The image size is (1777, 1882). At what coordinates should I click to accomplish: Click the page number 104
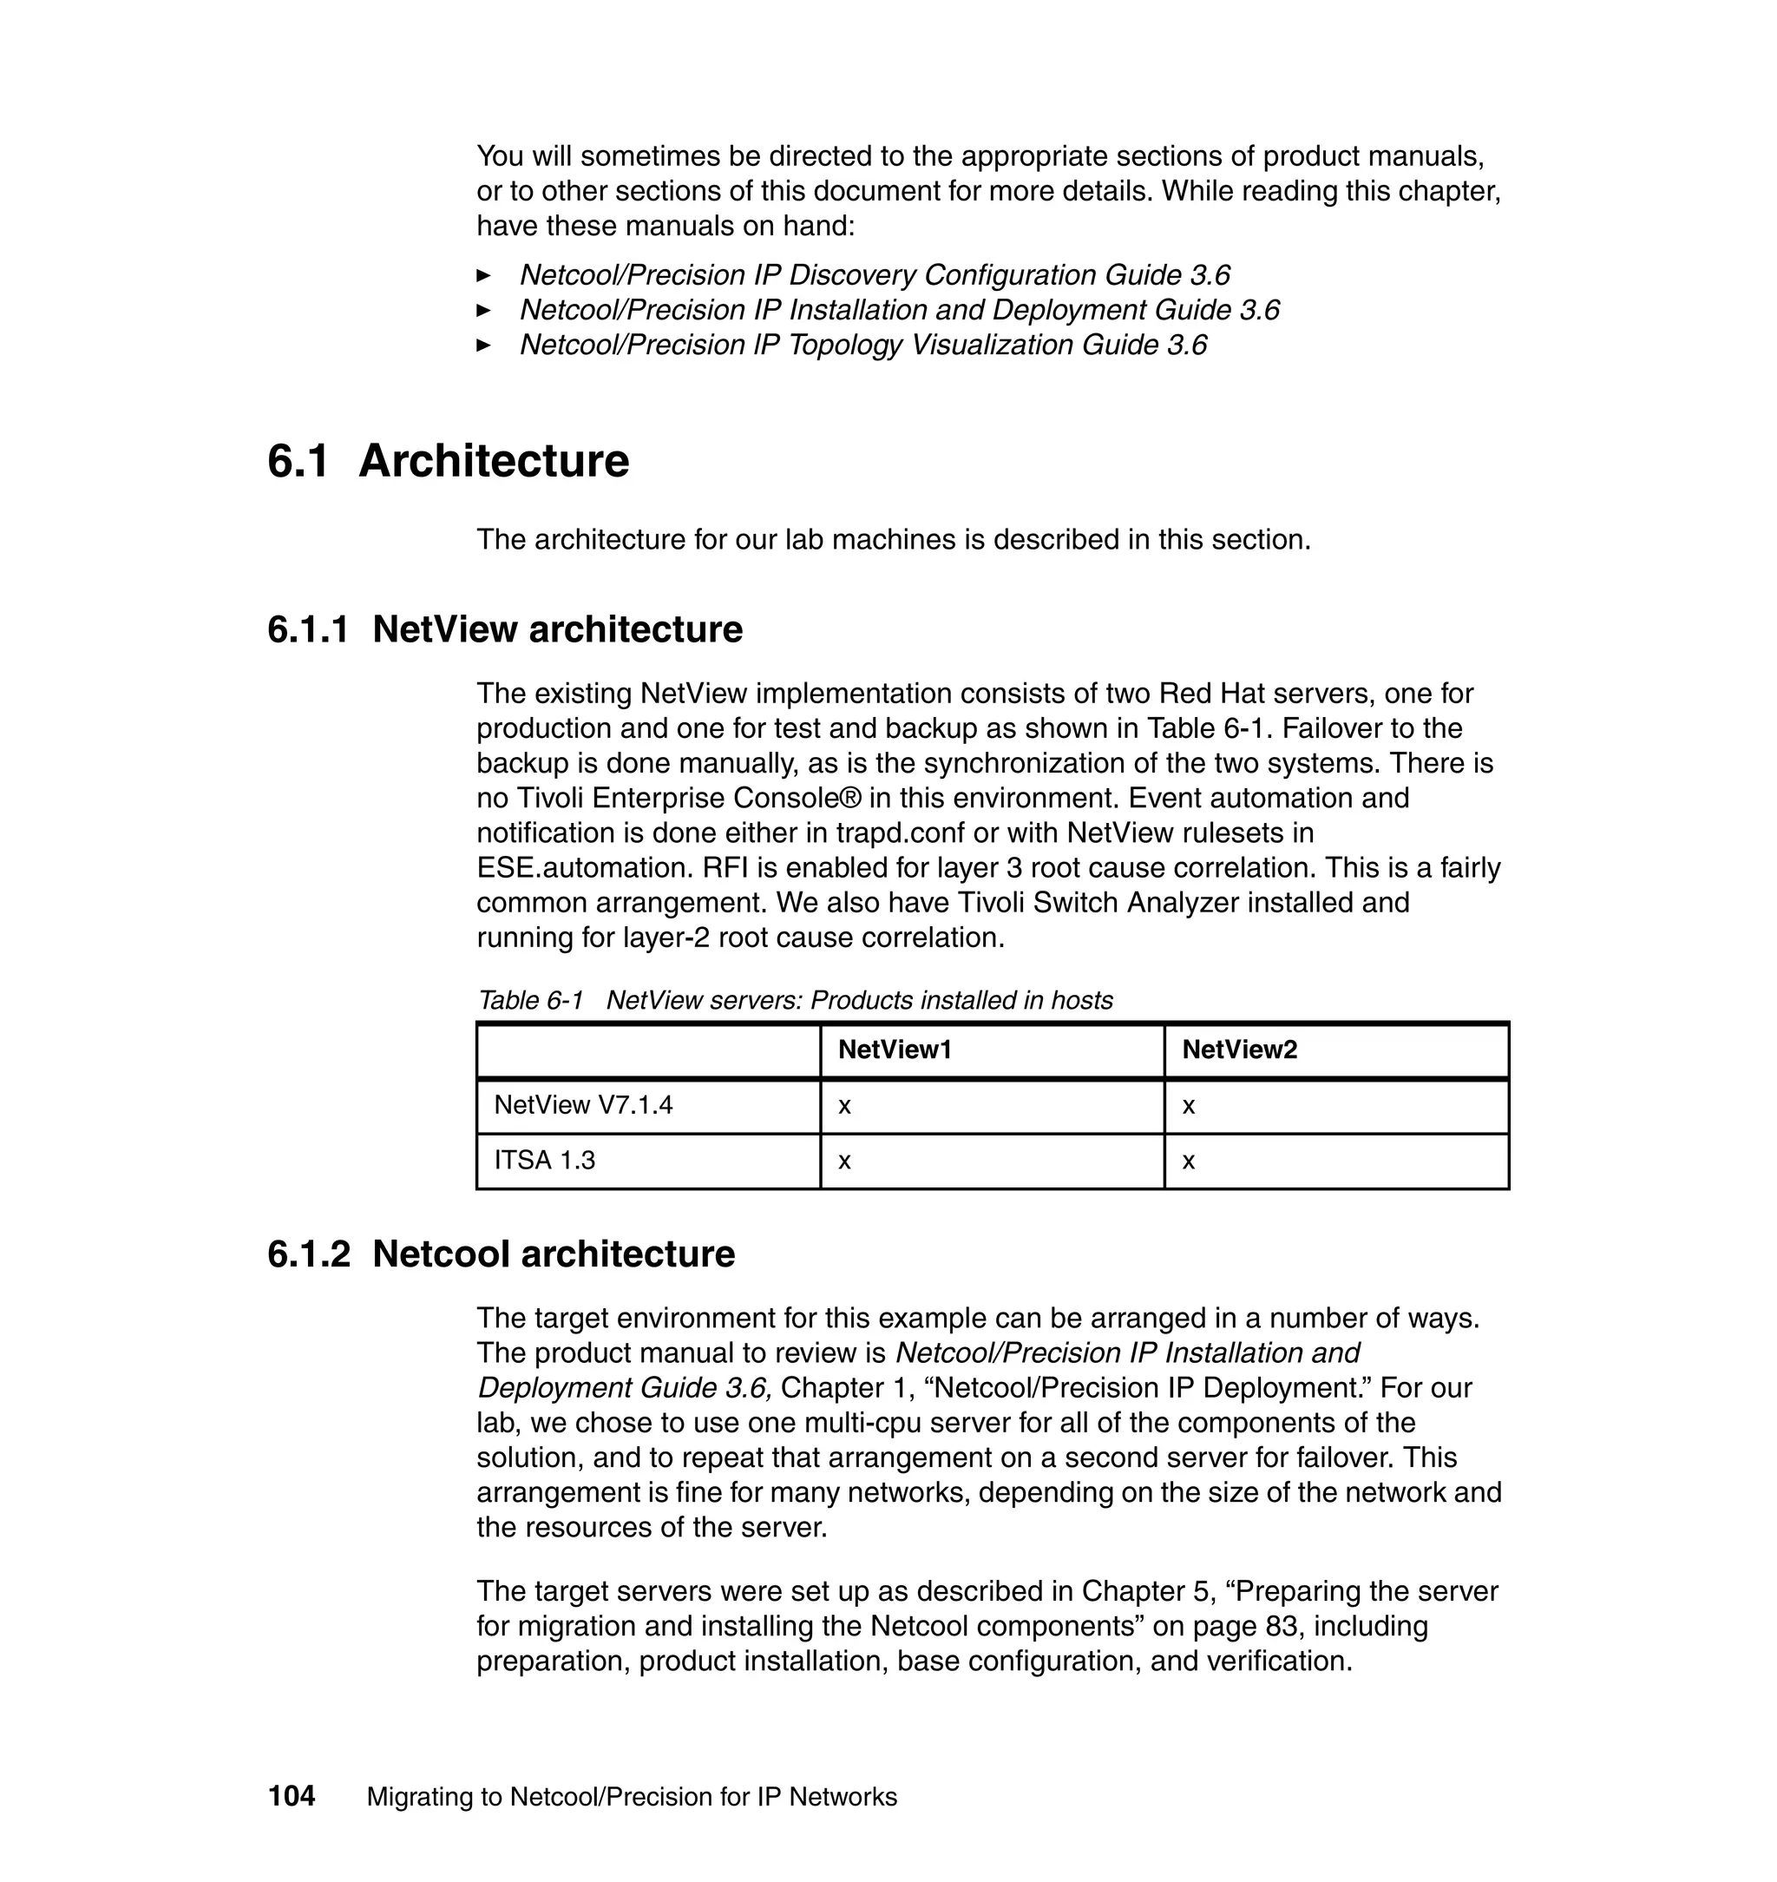(x=291, y=1796)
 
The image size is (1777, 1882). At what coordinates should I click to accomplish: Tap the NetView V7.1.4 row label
(x=583, y=1105)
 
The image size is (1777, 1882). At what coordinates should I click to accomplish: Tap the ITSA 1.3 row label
(x=545, y=1160)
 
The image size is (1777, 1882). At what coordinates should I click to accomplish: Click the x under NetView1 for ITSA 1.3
(x=845, y=1161)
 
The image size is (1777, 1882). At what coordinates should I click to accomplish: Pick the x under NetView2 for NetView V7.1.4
(x=1189, y=1106)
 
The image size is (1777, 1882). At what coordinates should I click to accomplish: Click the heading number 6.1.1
(x=308, y=629)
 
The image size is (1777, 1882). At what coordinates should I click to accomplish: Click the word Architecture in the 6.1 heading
(x=494, y=462)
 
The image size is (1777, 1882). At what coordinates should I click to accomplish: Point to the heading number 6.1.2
(x=308, y=1254)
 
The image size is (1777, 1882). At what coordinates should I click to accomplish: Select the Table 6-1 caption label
(x=530, y=1000)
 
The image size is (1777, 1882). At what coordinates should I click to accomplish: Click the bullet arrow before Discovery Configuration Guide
(x=483, y=276)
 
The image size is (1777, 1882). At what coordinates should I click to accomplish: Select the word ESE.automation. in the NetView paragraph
(x=579, y=868)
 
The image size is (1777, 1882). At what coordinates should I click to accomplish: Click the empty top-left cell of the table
(x=648, y=1050)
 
